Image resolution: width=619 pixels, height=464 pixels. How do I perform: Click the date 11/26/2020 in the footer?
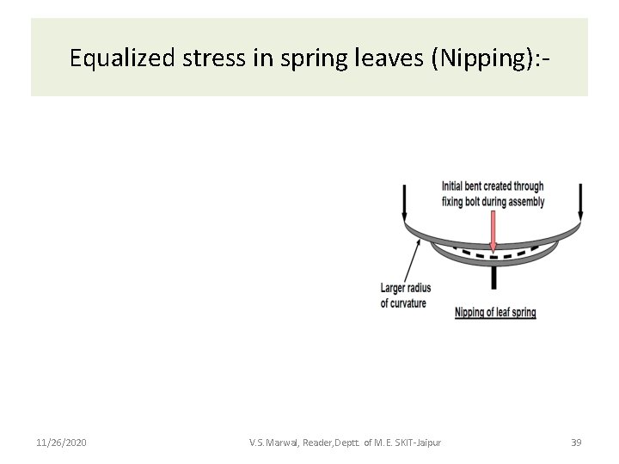(x=61, y=443)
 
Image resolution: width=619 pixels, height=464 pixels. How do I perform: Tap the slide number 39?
(x=577, y=443)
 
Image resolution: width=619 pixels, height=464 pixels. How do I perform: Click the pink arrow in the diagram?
(x=493, y=232)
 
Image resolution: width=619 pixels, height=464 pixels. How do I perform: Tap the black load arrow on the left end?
(x=404, y=203)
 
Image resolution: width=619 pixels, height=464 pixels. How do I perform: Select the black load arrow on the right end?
(x=581, y=203)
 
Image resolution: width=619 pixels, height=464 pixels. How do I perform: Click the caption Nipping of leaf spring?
(x=495, y=313)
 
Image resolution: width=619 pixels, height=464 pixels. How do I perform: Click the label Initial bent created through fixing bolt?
(x=493, y=194)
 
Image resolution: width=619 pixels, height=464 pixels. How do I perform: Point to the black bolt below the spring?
(x=493, y=278)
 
